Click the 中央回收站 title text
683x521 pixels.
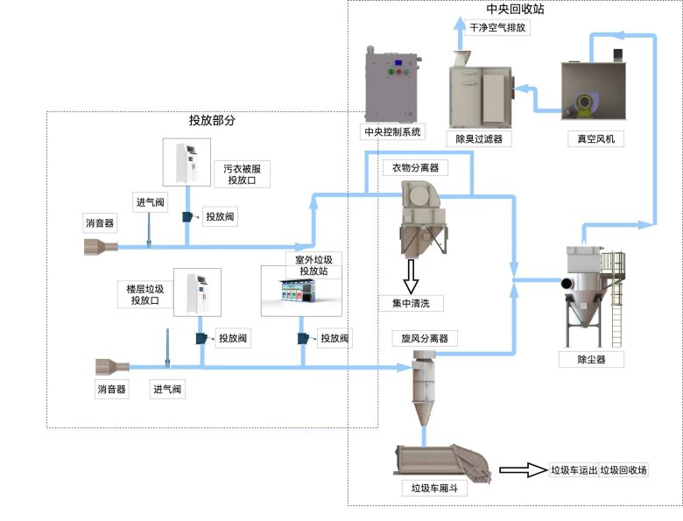click(x=515, y=9)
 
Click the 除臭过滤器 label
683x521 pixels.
click(x=479, y=137)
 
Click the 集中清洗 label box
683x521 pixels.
click(x=411, y=304)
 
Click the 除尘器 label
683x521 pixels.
click(x=591, y=359)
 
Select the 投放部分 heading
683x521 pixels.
click(x=212, y=120)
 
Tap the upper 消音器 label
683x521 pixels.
click(x=99, y=222)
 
